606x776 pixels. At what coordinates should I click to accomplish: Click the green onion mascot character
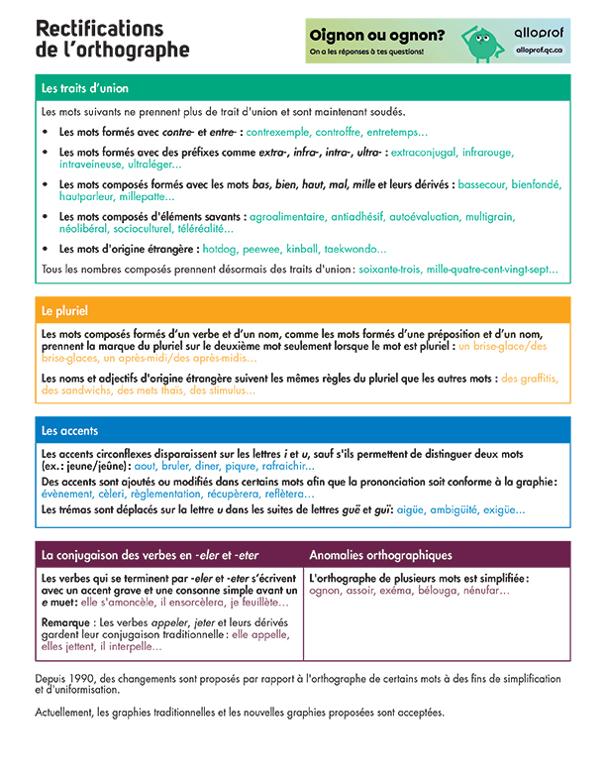point(481,41)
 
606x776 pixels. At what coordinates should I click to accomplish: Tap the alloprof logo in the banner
point(539,32)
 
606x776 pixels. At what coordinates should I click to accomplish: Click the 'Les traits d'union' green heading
point(85,88)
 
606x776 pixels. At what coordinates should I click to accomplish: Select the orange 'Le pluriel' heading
point(60,310)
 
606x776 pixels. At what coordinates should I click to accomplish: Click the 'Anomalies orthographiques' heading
point(380,555)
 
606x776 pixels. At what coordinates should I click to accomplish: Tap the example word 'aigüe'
point(414,509)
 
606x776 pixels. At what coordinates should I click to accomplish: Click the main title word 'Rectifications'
point(99,28)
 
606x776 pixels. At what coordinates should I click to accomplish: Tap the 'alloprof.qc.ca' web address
point(539,50)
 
